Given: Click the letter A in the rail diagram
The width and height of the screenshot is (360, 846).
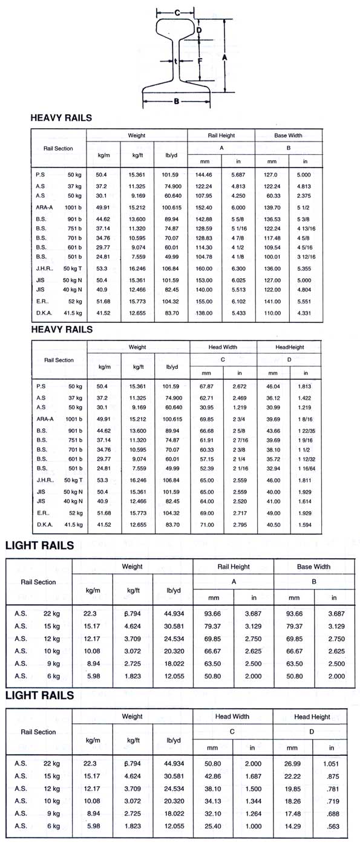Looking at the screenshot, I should click(x=224, y=57).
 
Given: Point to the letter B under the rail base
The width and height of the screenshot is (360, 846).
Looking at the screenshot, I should click(x=176, y=101).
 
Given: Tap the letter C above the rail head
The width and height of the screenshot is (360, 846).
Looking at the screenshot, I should click(x=177, y=12).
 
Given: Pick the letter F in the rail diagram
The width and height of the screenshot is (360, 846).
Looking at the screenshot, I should click(x=199, y=60).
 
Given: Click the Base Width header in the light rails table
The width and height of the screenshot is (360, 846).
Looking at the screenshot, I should click(x=313, y=567).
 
